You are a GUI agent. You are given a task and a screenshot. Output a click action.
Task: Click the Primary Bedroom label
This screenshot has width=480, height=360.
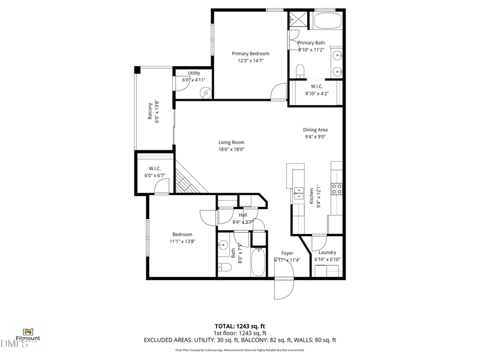click(250, 53)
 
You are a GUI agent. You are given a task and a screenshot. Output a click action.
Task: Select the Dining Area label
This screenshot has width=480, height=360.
click(315, 130)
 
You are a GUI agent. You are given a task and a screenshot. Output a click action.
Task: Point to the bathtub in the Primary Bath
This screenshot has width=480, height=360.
click(327, 21)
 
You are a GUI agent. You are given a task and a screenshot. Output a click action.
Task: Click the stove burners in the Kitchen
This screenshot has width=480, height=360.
click(337, 188)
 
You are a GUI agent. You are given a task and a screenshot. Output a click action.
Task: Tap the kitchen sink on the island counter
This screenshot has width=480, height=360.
click(297, 193)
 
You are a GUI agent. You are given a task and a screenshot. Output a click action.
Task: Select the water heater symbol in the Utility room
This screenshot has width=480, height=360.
click(205, 92)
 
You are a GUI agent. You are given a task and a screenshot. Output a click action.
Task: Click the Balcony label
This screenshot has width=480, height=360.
click(150, 111)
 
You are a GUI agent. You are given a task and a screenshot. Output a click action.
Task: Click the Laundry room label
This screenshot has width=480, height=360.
click(327, 253)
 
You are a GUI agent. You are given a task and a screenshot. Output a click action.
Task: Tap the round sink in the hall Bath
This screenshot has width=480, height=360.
click(223, 245)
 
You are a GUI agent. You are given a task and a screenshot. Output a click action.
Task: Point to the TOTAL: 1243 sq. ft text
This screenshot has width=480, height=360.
click(239, 325)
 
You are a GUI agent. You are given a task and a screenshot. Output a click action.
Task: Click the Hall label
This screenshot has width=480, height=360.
click(243, 215)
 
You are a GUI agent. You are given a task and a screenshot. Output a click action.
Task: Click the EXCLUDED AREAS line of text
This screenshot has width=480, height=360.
click(239, 340)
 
